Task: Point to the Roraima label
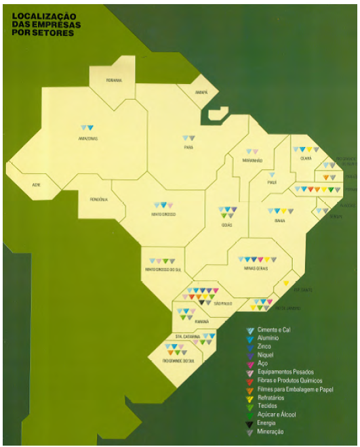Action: tap(114, 81)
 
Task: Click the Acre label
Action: tap(36, 185)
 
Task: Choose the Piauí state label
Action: tap(273, 182)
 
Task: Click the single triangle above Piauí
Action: tap(273, 175)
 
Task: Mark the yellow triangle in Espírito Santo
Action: tap(286, 282)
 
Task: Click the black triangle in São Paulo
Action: tap(201, 302)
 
